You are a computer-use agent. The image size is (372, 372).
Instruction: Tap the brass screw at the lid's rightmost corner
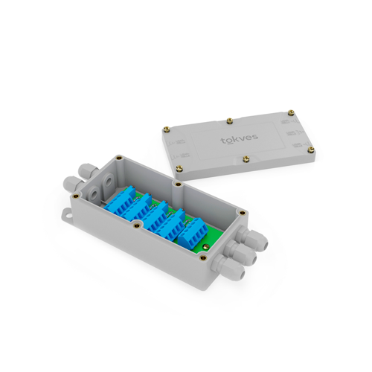(x=311, y=149)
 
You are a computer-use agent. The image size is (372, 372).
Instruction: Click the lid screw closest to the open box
(x=179, y=169)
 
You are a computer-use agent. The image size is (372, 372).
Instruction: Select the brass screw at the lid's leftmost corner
(x=165, y=129)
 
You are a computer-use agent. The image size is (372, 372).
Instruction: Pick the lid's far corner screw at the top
(x=292, y=112)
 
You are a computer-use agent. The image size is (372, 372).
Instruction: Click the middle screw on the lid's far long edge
(x=229, y=121)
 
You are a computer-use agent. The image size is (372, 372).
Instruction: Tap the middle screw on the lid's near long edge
(x=246, y=158)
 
